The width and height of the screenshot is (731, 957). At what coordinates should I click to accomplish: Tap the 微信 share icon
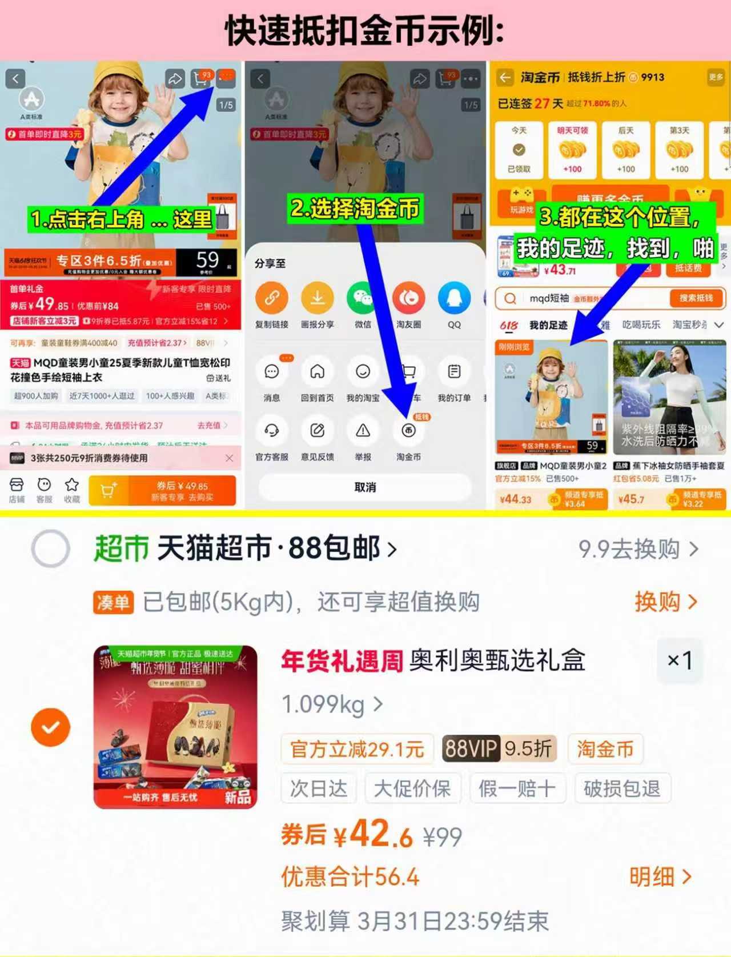[x=363, y=298]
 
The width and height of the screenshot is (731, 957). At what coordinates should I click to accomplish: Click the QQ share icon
[x=454, y=298]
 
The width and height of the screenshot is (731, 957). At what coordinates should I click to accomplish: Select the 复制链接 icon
[x=271, y=298]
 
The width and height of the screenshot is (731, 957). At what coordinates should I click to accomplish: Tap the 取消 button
[x=365, y=487]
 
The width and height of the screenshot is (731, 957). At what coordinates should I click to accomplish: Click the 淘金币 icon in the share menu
[x=408, y=431]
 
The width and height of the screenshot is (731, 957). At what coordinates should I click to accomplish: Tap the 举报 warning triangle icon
[x=363, y=431]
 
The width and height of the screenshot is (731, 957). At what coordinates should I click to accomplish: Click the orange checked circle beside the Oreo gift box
[x=51, y=727]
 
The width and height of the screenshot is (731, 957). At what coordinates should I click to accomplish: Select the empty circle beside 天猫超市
[x=51, y=548]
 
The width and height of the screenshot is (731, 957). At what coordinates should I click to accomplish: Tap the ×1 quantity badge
[x=679, y=660]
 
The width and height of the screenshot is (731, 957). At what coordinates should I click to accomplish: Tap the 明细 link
[x=660, y=876]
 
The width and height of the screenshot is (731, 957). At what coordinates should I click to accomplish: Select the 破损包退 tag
[x=622, y=789]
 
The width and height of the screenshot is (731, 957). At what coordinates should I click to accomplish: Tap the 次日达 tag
[x=319, y=789]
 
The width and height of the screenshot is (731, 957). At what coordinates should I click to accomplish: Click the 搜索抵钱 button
[x=696, y=298]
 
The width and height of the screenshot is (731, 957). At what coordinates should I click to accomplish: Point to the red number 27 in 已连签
[x=541, y=103]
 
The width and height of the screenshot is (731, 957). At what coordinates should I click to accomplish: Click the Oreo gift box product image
[x=175, y=727]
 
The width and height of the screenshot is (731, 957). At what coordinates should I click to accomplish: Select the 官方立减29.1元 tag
[x=357, y=748]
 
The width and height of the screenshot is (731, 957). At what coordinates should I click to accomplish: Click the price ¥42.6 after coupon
[x=373, y=835]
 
